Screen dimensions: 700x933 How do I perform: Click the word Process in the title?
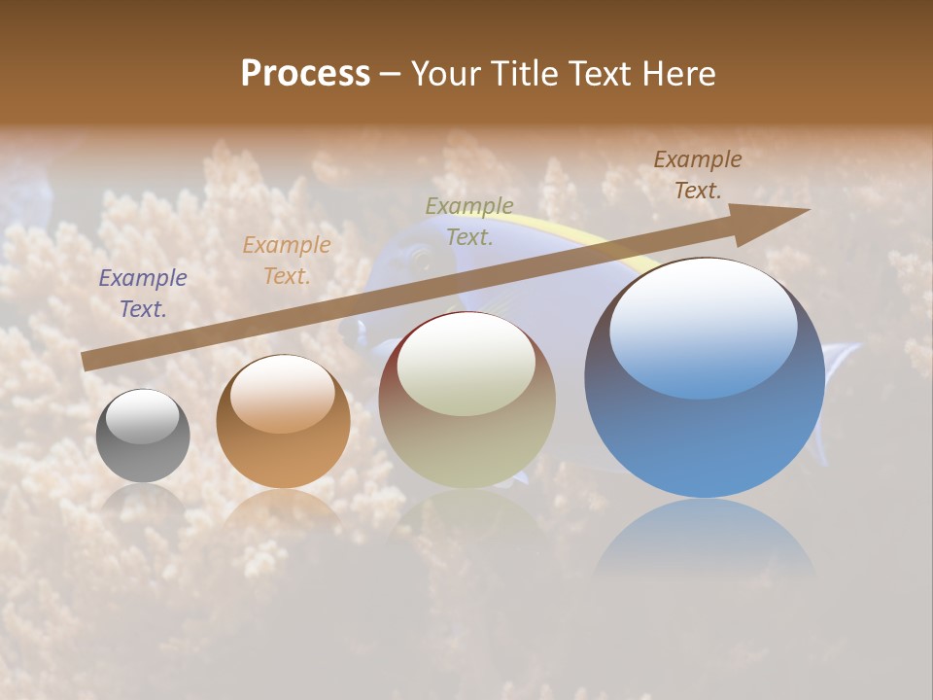tap(305, 74)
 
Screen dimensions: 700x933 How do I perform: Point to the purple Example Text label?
tap(143, 294)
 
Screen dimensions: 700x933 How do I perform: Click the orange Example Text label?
tap(287, 261)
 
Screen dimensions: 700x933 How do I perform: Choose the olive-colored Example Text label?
tap(469, 221)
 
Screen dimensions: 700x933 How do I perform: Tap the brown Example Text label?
tap(698, 175)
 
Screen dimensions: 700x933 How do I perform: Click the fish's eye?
tap(420, 259)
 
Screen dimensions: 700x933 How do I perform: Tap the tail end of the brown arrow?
tap(87, 362)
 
